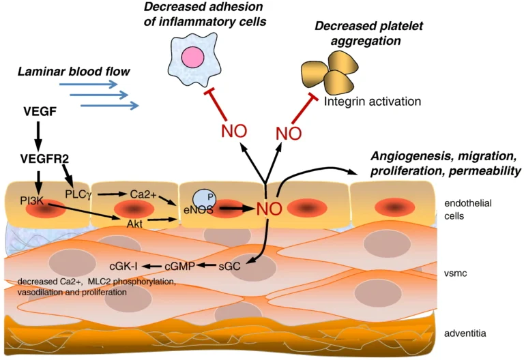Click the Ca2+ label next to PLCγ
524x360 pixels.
click(x=144, y=194)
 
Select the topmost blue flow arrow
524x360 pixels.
click(x=88, y=84)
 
